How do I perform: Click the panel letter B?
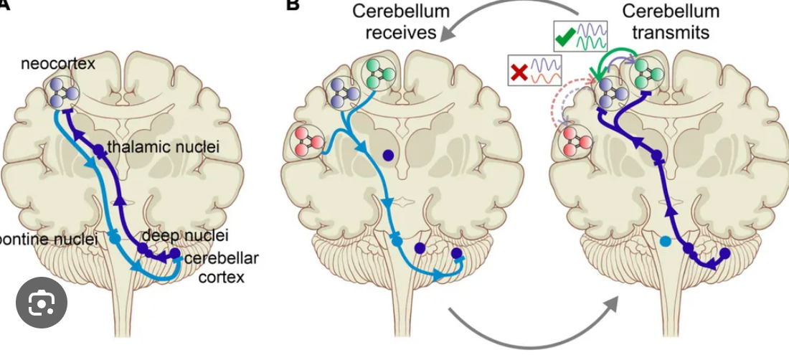pyautogui.click(x=292, y=6)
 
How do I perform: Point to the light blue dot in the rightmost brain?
pyautogui.click(x=666, y=242)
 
